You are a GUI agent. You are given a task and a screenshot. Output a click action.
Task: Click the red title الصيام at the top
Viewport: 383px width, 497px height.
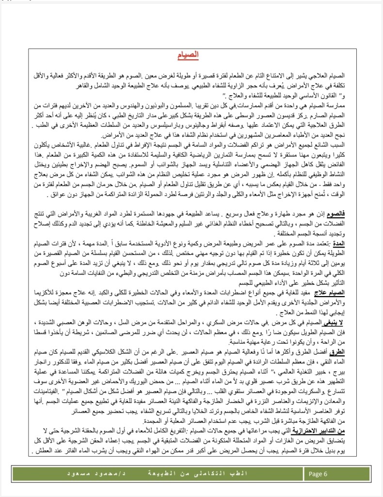(191, 54)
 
